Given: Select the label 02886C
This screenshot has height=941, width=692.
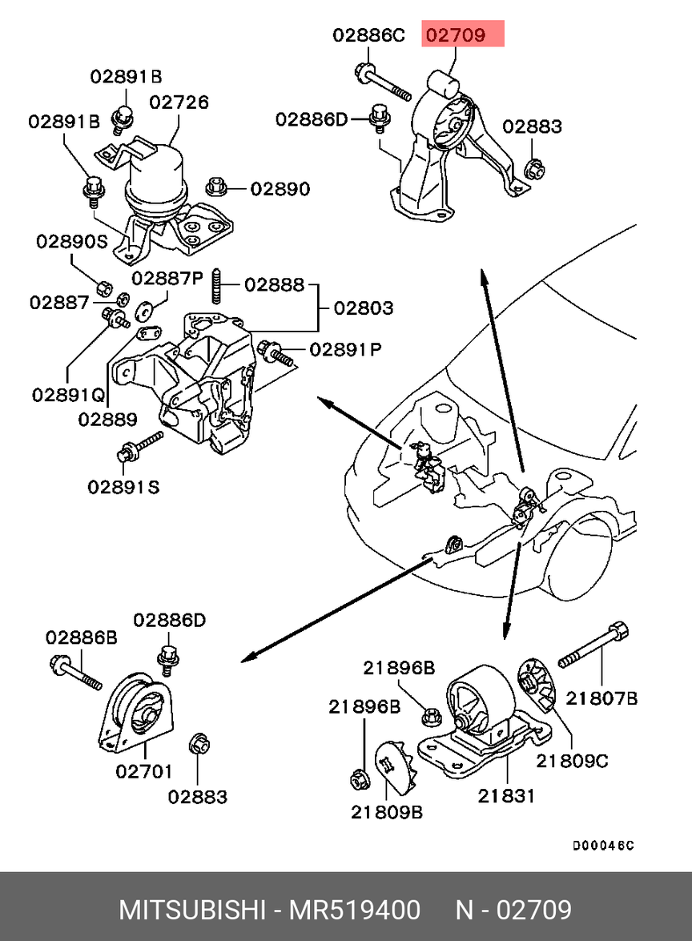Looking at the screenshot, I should (369, 35).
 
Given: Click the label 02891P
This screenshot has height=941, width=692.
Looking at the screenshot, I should (345, 350).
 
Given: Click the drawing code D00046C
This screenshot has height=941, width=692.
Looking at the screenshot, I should (603, 846).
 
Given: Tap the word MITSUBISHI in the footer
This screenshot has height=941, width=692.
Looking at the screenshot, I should (192, 911).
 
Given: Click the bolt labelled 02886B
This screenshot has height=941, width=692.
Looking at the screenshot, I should (77, 672).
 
